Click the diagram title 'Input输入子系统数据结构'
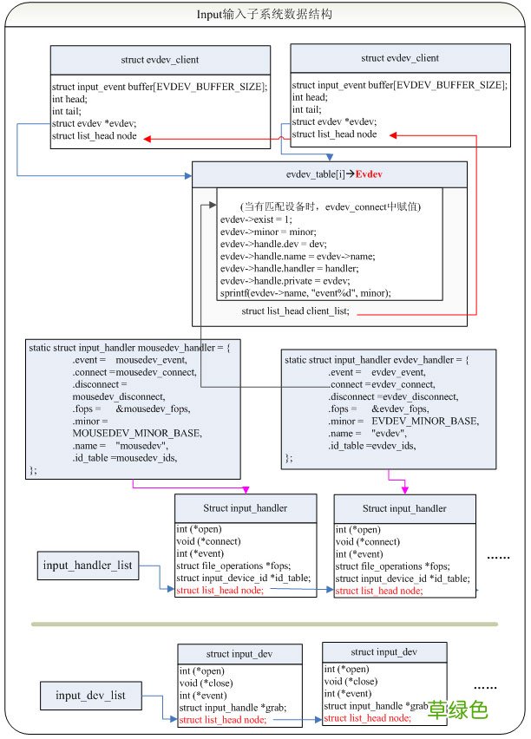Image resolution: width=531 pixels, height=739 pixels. [x=265, y=15]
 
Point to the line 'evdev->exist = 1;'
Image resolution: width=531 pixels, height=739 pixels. [x=258, y=220]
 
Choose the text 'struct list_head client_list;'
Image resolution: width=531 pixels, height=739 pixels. [x=296, y=311]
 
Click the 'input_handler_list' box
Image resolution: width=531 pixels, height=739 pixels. [x=88, y=566]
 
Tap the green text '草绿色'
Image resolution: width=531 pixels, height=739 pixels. [x=458, y=710]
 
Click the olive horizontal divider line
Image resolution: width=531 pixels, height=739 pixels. [x=265, y=624]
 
